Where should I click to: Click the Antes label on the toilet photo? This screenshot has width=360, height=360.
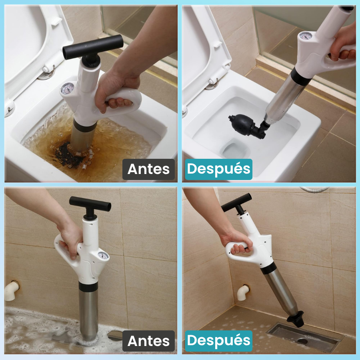pos(148,169)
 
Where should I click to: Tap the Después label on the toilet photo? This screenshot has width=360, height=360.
pos(218,169)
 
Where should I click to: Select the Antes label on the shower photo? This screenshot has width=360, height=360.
pos(148,341)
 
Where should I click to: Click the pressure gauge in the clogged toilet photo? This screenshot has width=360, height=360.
pos(68,88)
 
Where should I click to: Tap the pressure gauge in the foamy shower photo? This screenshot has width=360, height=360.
pos(103,255)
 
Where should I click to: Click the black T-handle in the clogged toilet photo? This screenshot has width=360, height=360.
pos(92,46)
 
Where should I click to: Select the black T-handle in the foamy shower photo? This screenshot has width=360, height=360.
pos(90,203)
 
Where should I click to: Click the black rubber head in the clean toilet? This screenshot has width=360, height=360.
pos(245,124)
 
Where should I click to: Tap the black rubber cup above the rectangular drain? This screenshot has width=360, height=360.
pos(295,319)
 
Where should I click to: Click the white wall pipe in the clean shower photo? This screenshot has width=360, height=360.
pos(243,292)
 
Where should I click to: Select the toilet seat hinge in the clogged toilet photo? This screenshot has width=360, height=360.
pos(47,72)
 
